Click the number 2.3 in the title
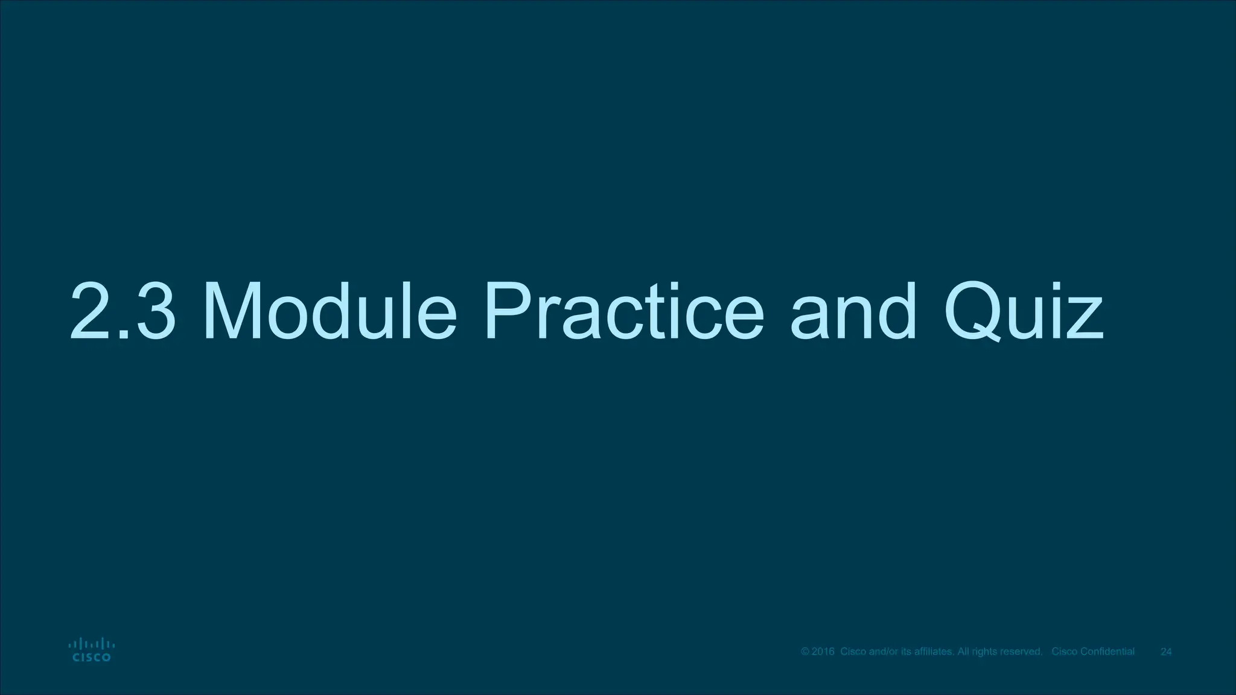click(124, 311)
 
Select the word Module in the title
click(331, 311)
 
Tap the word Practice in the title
click(624, 311)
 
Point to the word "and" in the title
click(853, 311)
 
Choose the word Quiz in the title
click(1024, 311)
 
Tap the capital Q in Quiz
click(978, 311)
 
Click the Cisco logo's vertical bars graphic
click(91, 644)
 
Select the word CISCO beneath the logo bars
click(91, 658)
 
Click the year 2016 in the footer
click(823, 652)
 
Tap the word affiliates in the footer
click(934, 652)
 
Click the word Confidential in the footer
click(1107, 652)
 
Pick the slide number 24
click(1167, 652)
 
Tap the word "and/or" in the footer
click(883, 652)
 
